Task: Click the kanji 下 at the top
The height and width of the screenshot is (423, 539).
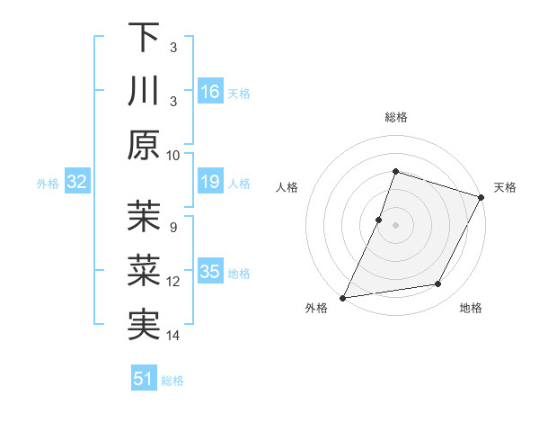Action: point(144,37)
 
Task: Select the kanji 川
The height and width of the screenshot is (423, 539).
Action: point(144,93)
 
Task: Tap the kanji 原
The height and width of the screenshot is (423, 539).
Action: point(144,147)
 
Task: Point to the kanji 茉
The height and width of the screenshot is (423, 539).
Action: point(144,217)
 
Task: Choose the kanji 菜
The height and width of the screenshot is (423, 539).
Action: point(144,272)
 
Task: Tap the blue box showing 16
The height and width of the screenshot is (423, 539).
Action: point(210,92)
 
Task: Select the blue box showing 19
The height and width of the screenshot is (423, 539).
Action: point(210,183)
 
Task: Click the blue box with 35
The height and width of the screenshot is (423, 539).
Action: point(210,272)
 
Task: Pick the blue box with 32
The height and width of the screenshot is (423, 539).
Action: point(77,183)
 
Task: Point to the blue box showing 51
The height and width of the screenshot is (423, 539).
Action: point(144,379)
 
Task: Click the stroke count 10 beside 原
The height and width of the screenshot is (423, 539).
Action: point(173,155)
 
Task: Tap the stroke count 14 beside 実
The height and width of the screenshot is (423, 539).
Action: point(173,336)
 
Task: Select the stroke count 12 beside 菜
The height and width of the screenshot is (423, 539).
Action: point(173,281)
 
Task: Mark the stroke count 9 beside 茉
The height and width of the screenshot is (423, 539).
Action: point(173,226)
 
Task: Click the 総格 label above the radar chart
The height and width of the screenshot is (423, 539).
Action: point(395,117)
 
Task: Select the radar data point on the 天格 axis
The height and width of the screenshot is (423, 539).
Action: point(482,197)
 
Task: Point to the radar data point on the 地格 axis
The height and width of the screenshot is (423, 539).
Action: point(438,284)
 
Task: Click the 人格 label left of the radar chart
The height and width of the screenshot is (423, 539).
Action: point(287,187)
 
